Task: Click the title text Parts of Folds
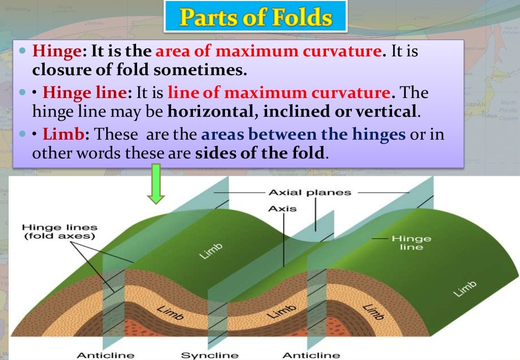[x=255, y=18]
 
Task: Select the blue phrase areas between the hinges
[x=303, y=135]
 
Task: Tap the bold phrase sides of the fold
[x=259, y=153]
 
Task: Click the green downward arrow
[x=156, y=184]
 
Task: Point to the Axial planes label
[x=309, y=192]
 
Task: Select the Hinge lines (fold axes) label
[x=59, y=232]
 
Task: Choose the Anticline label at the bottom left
[x=99, y=355]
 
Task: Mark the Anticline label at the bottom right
[x=311, y=355]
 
